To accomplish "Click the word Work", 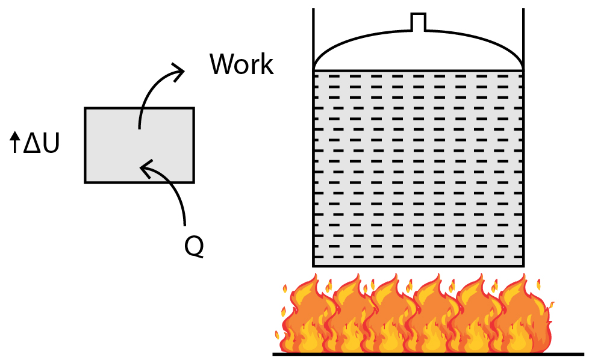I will point(242,64).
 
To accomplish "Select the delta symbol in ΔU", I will point(31,144).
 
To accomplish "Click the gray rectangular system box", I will point(139,144).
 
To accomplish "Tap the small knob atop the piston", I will point(418,22).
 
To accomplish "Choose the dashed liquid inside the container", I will point(418,169).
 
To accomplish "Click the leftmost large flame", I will point(304,316).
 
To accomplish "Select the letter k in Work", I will point(266,64).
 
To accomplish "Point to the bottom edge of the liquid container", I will point(418,265).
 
